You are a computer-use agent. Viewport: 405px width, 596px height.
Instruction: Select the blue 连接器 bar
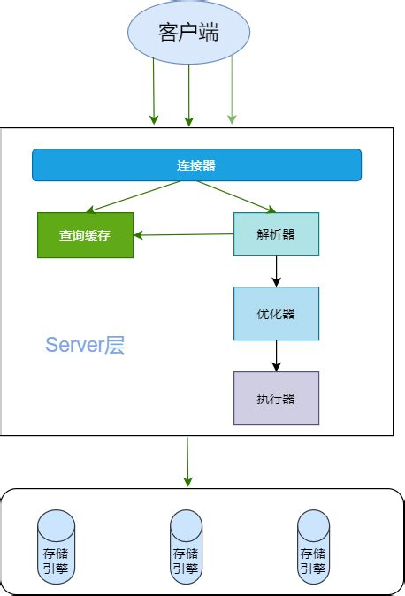tap(196, 165)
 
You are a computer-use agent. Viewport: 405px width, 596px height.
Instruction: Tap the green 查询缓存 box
tap(85, 235)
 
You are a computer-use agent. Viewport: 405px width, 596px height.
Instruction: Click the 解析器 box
tap(276, 234)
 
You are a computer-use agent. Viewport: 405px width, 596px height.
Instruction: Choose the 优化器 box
tap(276, 313)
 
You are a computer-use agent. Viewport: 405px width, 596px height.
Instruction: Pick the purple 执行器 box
tap(276, 398)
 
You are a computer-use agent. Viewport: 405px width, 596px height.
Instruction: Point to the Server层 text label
tap(85, 346)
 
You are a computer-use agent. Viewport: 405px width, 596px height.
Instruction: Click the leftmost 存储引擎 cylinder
tap(56, 546)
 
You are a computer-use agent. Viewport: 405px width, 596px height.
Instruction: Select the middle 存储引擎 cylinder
tap(187, 546)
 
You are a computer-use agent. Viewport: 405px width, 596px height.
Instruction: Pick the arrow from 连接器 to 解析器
tap(235, 196)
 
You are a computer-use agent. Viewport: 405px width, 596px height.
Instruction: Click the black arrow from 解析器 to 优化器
tap(276, 271)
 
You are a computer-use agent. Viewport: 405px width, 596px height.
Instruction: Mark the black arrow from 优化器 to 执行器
tap(276, 355)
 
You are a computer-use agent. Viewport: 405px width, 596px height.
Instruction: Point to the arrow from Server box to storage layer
tap(187, 461)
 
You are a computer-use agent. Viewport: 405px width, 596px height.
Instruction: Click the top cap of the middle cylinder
tap(187, 516)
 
